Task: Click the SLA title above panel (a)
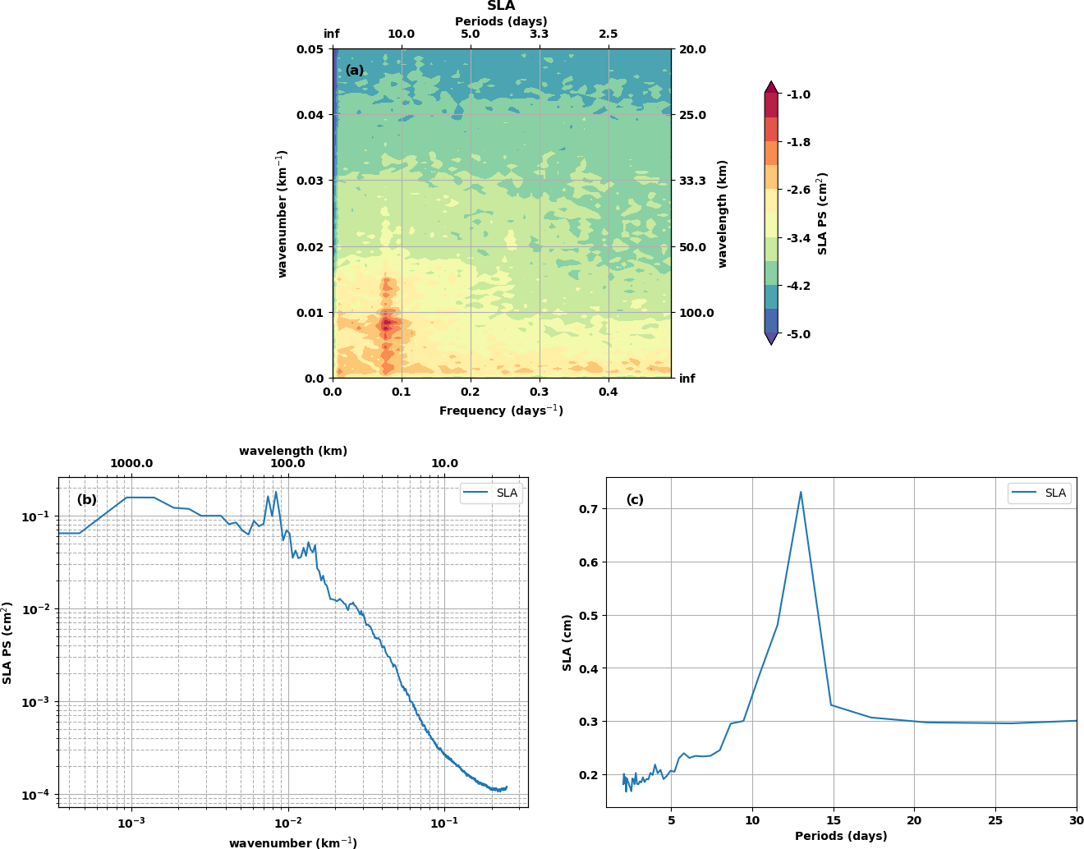click(501, 7)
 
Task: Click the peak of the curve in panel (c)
click(801, 492)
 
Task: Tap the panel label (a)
click(355, 71)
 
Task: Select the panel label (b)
click(86, 499)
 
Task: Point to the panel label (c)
click(635, 499)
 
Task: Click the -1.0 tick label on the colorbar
click(798, 94)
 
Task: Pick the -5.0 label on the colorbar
click(798, 334)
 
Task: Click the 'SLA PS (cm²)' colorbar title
click(822, 213)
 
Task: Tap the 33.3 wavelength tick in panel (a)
click(692, 181)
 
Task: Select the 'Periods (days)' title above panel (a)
click(501, 21)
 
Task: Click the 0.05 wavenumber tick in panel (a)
click(310, 49)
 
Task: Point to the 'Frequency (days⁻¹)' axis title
click(501, 411)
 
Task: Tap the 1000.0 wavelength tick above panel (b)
click(131, 463)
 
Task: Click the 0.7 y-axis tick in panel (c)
click(587, 509)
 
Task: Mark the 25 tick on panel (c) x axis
click(995, 820)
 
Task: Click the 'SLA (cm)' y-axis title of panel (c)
click(567, 642)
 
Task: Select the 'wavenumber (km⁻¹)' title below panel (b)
click(292, 842)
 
